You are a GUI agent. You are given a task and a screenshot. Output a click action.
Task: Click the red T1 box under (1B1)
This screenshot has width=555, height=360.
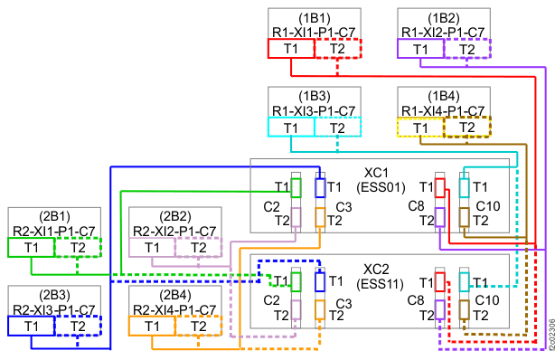pos(291,49)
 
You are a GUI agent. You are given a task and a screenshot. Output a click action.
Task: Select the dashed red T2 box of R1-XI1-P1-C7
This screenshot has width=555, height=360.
pos(338,49)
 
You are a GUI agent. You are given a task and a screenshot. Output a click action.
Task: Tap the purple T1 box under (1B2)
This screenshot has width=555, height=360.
pos(420,49)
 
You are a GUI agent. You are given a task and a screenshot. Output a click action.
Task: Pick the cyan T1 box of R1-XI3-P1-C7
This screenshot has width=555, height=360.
pos(291,127)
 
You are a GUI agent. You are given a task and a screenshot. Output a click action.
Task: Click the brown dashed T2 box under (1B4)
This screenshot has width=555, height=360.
pos(467,127)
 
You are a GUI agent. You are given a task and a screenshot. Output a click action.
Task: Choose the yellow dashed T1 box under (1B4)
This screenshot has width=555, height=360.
pos(420,128)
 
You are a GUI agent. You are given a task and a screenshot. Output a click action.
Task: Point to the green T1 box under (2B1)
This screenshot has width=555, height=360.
pos(31,247)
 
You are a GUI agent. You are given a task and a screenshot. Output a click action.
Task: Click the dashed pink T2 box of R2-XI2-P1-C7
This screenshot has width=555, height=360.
pos(199,247)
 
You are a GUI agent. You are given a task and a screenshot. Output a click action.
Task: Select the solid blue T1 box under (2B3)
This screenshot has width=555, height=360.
pos(31,326)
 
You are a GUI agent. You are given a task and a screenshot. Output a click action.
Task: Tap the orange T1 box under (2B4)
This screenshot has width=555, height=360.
pos(152,326)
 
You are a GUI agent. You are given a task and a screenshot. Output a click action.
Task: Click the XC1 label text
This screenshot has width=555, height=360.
pos(376,173)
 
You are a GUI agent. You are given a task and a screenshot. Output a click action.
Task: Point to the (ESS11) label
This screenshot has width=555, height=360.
pos(380,284)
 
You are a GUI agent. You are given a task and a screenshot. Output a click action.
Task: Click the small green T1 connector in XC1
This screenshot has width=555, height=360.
pos(296,188)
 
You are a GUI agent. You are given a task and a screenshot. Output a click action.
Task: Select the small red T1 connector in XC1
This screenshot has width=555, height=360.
pos(439,188)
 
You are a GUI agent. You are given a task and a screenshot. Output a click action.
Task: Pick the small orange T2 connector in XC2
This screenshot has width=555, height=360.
pos(320,310)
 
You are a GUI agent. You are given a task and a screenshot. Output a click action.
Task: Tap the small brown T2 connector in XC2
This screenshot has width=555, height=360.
pos(464,310)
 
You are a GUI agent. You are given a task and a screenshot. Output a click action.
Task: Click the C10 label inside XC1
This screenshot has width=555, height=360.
pos(488,206)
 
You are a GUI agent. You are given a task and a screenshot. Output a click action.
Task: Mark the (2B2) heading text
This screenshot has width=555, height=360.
pos(175,216)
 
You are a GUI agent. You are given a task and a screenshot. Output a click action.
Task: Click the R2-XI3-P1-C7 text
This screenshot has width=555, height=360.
pos(54,309)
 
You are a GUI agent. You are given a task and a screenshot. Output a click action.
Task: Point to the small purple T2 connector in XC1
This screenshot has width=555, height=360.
pos(439,217)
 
